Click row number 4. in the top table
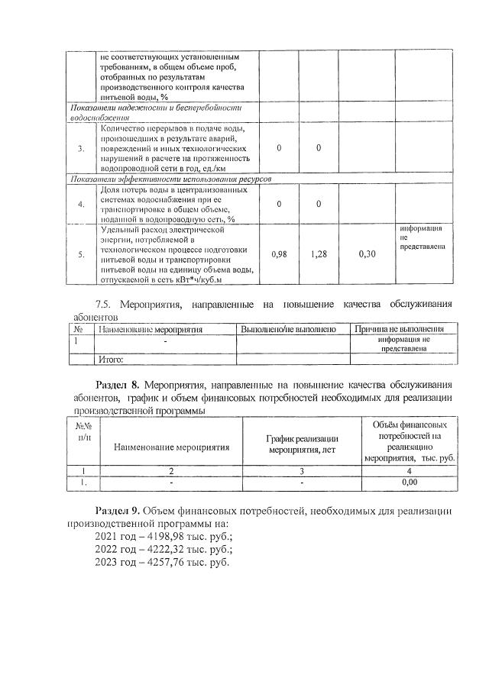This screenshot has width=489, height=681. [x=80, y=205]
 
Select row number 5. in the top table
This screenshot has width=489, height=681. [x=80, y=254]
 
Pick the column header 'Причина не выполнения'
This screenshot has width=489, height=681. [x=400, y=329]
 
